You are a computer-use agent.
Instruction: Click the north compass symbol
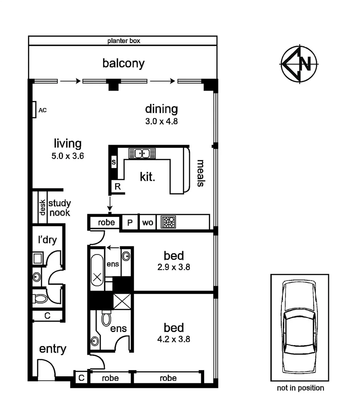click(x=299, y=64)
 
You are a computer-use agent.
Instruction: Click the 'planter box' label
click(x=124, y=40)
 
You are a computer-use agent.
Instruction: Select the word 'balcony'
click(x=123, y=63)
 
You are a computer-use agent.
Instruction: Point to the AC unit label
click(x=42, y=110)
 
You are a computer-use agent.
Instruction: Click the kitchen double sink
click(x=142, y=153)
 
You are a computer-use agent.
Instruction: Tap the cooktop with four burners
click(x=169, y=222)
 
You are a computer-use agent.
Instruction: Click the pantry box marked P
click(x=130, y=223)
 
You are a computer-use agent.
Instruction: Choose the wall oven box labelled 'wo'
click(x=147, y=223)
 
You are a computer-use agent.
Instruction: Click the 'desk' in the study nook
click(x=43, y=208)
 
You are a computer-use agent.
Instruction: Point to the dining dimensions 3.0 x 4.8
click(x=161, y=121)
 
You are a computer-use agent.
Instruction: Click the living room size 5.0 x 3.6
click(x=68, y=156)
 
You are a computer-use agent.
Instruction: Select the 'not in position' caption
click(x=300, y=388)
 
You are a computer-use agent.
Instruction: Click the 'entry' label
click(x=53, y=349)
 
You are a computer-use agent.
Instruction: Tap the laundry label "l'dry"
click(x=47, y=240)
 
